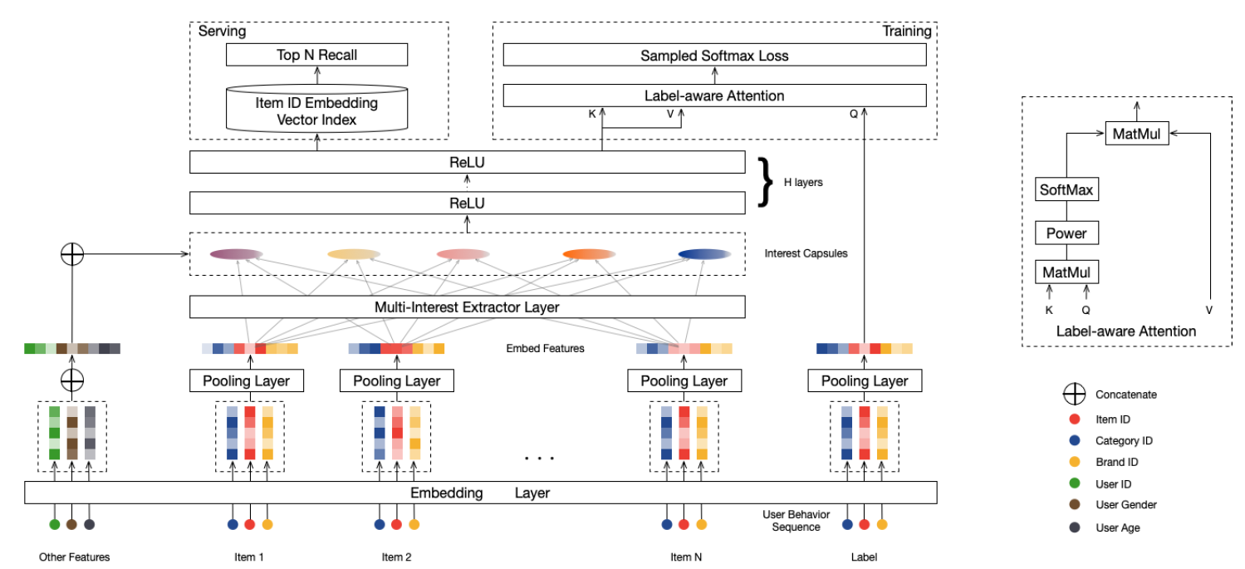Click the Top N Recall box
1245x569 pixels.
[x=316, y=56]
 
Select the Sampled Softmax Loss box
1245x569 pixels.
[x=714, y=56]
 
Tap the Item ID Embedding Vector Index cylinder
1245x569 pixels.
[x=316, y=111]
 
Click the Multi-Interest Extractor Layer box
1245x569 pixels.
[x=467, y=307]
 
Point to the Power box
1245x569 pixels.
[x=1066, y=233]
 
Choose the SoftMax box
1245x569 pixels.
[x=1066, y=190]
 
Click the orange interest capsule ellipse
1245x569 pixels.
[x=589, y=254]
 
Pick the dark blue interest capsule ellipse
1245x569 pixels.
[x=704, y=254]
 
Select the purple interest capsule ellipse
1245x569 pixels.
[x=236, y=254]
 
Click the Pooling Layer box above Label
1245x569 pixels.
[x=865, y=381]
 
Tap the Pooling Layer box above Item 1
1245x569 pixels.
[x=247, y=381]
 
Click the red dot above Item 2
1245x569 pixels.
[x=396, y=524]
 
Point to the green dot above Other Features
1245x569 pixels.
[x=55, y=524]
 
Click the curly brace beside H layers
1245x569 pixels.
[x=767, y=181]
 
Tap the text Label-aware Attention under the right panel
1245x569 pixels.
[x=1126, y=331]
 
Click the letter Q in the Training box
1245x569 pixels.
[x=853, y=115]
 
